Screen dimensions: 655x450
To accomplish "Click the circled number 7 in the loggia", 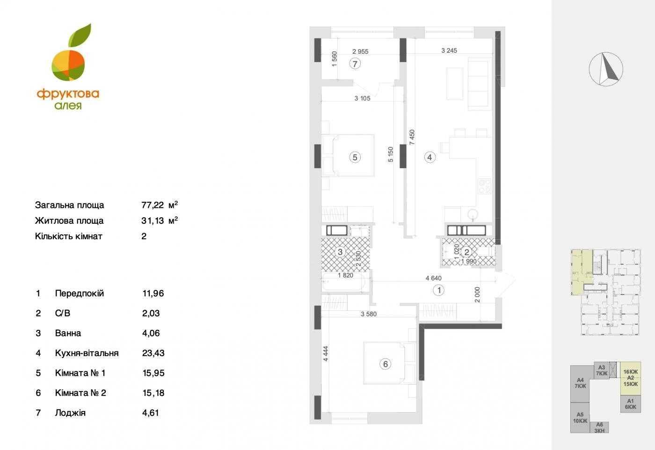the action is (355, 64).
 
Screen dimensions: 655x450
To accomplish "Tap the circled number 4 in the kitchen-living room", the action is (429, 157).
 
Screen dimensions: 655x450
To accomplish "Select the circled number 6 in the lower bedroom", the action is (386, 364).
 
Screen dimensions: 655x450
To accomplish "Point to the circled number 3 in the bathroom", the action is (340, 252).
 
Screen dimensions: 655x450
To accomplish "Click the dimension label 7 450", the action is (412, 137).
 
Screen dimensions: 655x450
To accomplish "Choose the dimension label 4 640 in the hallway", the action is (434, 278).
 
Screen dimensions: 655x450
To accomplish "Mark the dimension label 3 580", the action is (369, 314).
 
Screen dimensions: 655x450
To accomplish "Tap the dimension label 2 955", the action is (360, 51).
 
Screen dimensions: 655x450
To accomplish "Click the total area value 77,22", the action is (153, 205).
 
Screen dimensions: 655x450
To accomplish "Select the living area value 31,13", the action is (153, 221).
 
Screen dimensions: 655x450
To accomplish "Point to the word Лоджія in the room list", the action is (70, 413).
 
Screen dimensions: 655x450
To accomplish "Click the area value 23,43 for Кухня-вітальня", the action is (153, 353).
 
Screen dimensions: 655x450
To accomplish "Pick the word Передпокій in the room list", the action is (79, 293).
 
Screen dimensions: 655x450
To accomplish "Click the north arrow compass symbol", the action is (606, 69).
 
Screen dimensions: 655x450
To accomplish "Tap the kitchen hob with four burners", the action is (485, 186).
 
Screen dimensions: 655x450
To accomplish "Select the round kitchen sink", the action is (473, 214).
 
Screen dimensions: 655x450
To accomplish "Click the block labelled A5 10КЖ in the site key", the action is (580, 418).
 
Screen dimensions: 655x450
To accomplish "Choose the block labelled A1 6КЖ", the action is (631, 404).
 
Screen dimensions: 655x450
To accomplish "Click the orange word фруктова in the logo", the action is (68, 94).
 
